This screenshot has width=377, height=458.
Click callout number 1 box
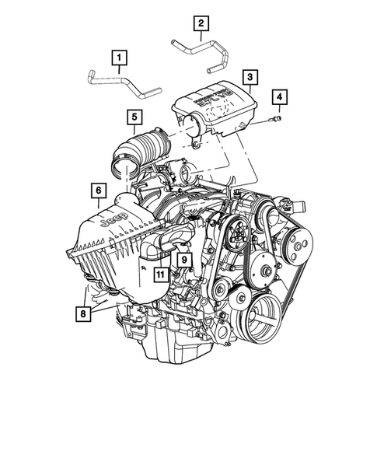[119, 57]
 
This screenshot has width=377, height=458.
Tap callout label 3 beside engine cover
[250, 77]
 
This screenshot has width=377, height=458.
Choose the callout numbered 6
[98, 190]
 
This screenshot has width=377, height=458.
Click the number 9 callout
[185, 258]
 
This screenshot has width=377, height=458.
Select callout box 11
[159, 274]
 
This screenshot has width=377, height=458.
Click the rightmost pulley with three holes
[295, 240]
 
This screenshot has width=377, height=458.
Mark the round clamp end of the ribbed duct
[122, 164]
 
